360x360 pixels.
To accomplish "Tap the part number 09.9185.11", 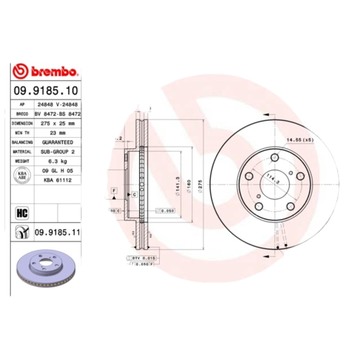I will point(57,232).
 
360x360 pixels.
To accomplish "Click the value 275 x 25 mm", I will point(57,123).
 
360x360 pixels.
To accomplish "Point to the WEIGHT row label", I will point(22,161).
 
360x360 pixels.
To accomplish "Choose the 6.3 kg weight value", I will point(57,161).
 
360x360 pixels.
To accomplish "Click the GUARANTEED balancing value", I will point(57,142).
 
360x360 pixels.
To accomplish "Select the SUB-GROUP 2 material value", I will point(57,152).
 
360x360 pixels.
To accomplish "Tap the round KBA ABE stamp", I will point(22,175).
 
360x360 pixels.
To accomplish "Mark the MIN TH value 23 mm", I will point(57,133).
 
